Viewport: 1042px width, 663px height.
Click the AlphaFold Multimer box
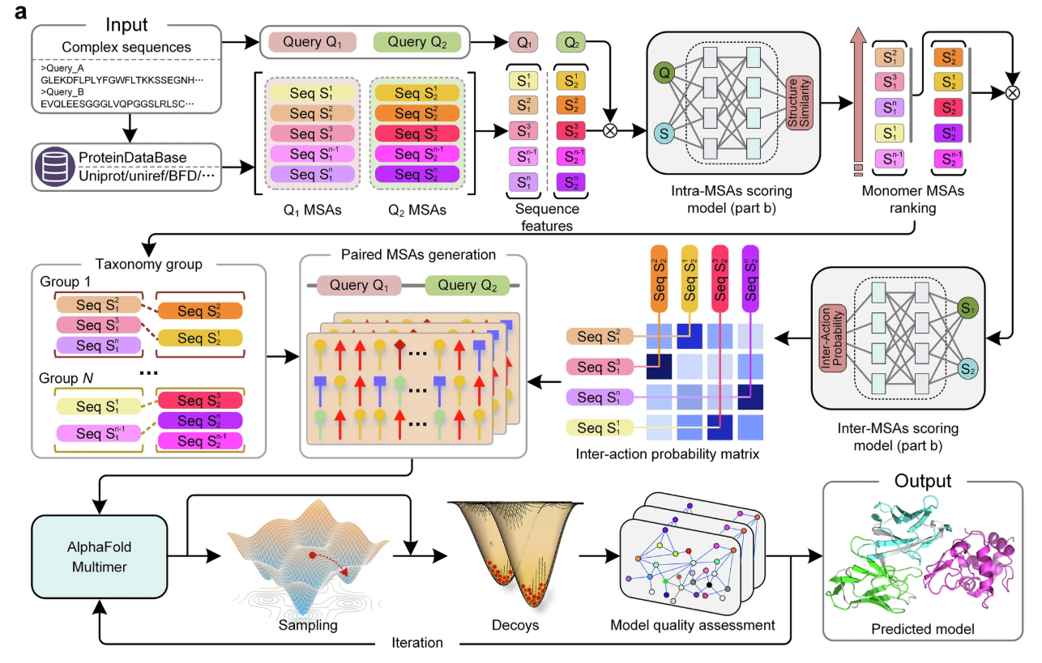99,556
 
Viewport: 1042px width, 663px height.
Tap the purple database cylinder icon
54,167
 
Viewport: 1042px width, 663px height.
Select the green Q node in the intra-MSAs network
664,73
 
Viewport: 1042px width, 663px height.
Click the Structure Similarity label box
799,103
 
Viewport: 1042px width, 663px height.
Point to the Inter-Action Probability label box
832,338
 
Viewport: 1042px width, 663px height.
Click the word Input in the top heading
126,25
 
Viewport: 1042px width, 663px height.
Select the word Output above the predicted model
923,481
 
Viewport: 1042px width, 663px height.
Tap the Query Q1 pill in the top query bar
312,42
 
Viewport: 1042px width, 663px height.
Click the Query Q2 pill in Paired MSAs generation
467,285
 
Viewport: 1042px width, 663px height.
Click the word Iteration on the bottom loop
416,643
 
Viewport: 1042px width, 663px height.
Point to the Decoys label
515,626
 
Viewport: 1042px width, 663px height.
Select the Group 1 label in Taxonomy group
65,282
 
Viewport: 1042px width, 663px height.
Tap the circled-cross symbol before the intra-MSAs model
610,131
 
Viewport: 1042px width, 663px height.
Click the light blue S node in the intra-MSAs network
664,134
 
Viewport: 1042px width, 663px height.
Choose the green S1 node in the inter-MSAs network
967,308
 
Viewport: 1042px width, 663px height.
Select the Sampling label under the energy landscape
308,626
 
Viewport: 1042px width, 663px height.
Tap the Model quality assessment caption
692,626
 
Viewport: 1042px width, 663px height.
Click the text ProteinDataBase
133,158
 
